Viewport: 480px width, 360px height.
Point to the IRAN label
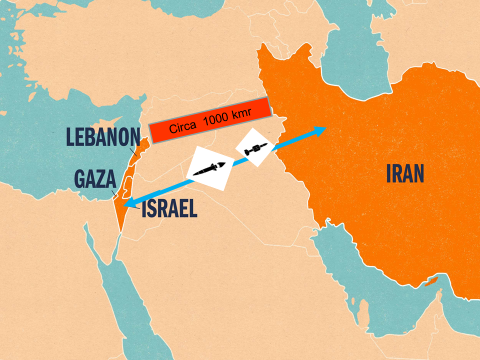click(406, 174)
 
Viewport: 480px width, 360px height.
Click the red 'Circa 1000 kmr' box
click(211, 119)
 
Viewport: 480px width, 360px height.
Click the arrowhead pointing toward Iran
click(321, 129)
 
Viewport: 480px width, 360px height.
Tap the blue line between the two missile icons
click(236, 162)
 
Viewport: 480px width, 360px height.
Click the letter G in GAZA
click(78, 179)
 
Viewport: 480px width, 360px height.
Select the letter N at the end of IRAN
click(421, 174)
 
